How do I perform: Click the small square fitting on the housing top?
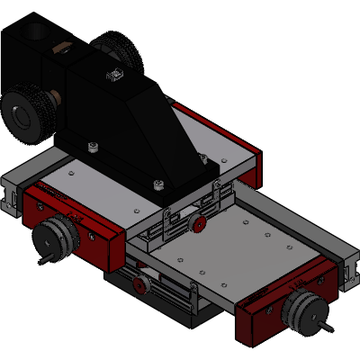coord(113,75)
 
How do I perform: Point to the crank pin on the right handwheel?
coord(328,325)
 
